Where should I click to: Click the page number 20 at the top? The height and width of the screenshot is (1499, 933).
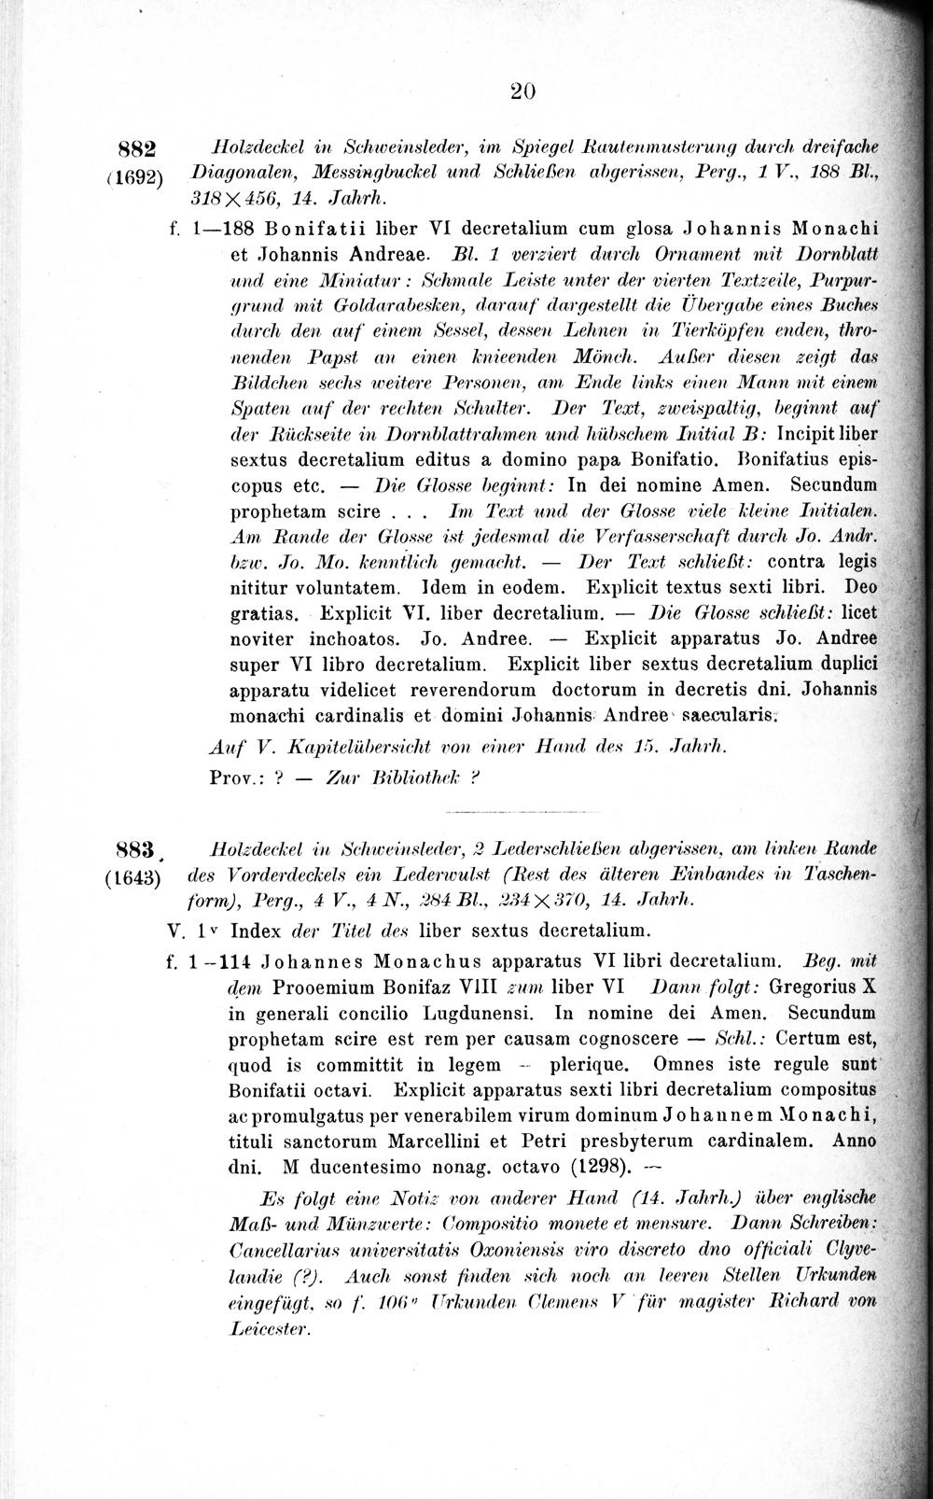522,91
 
